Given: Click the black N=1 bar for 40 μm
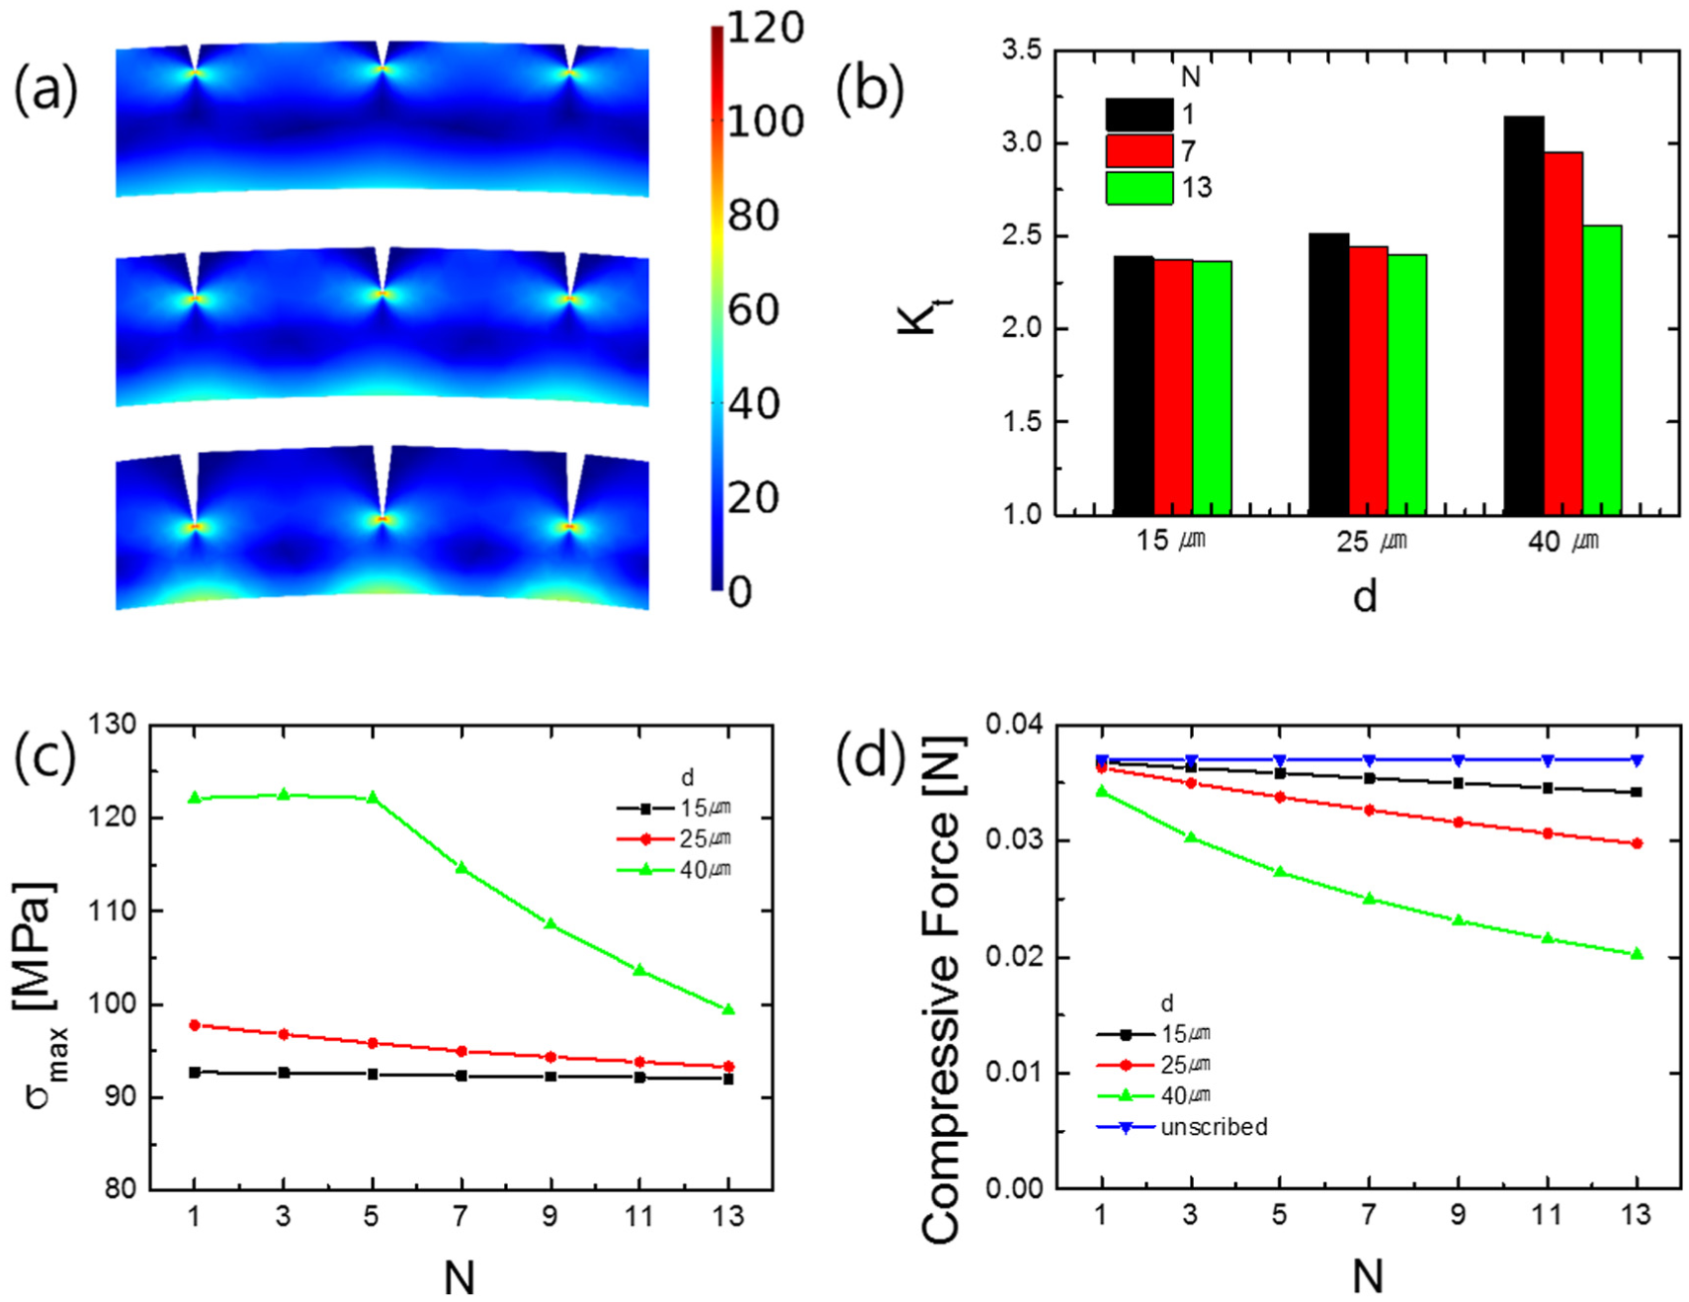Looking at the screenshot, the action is [x=1523, y=315].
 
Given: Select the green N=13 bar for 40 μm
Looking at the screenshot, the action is [x=1602, y=370].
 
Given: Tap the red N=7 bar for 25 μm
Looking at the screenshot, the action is [x=1368, y=381].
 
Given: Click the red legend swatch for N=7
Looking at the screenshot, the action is [x=1139, y=151].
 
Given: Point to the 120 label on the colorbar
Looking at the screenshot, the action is [x=765, y=27].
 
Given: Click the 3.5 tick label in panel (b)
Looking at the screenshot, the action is [x=1021, y=49].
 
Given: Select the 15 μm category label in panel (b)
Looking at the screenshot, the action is [x=1170, y=541].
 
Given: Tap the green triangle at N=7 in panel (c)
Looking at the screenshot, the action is [x=461, y=867].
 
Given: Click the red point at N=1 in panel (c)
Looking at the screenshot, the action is [x=194, y=1025].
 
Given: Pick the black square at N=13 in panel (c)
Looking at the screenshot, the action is [x=728, y=1079].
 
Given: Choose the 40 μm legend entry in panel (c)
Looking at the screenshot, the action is [x=674, y=870].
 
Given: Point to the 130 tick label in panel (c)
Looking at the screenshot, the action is [x=112, y=725].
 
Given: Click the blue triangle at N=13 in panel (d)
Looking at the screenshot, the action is [x=1637, y=760].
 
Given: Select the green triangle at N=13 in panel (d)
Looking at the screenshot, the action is [x=1637, y=954].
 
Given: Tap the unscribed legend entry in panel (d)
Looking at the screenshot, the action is [x=1182, y=1127].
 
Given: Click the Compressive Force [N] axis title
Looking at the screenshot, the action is [x=940, y=988].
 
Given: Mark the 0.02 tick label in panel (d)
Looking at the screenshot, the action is [x=1015, y=957].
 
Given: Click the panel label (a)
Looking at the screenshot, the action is [x=44, y=91].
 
